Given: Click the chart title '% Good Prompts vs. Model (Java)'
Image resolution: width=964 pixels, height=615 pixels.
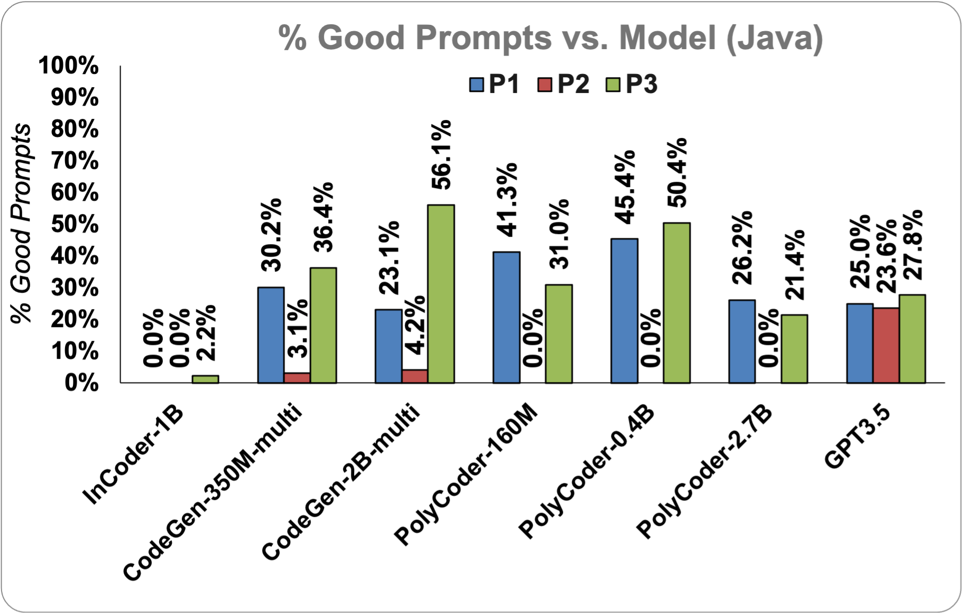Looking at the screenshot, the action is pyautogui.click(x=551, y=38).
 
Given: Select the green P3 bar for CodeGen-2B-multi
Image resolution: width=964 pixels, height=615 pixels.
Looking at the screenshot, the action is pyautogui.click(x=441, y=294).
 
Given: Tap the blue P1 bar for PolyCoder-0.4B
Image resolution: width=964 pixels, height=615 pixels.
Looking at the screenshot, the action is pyautogui.click(x=624, y=311).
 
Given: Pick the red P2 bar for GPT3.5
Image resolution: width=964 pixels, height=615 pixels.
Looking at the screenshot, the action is pyautogui.click(x=886, y=346).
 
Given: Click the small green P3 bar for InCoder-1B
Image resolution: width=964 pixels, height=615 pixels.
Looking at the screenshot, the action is pyautogui.click(x=205, y=379).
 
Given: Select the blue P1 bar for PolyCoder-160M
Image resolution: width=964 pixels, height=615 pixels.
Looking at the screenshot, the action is pyautogui.click(x=506, y=317).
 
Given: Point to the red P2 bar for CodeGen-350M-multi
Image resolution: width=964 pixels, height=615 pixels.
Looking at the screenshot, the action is pyautogui.click(x=297, y=378).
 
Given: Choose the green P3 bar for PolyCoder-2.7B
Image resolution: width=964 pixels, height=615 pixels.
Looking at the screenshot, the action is pyautogui.click(x=794, y=349).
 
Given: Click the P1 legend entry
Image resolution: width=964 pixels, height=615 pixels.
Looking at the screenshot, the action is pyautogui.click(x=494, y=85).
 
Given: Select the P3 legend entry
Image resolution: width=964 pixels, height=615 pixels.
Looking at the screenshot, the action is pyautogui.click(x=632, y=85).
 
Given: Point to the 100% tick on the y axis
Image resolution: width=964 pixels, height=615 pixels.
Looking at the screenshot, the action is pyautogui.click(x=69, y=66).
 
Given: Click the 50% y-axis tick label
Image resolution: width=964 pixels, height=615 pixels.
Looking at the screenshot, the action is pyautogui.click(x=75, y=224).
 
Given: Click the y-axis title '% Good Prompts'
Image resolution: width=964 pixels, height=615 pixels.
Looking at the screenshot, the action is pyautogui.click(x=21, y=223).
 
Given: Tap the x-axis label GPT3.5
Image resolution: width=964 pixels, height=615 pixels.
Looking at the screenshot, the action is pyautogui.click(x=858, y=437).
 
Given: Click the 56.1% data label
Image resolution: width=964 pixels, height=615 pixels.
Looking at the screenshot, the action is pyautogui.click(x=441, y=154).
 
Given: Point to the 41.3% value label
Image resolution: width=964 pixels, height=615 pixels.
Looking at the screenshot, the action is pyautogui.click(x=507, y=200).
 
